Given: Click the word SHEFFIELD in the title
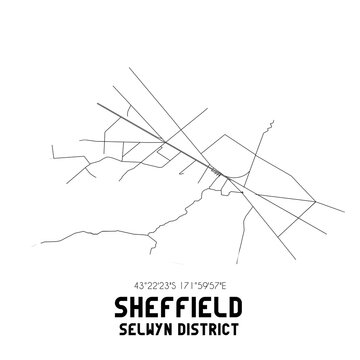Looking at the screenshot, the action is (x=180, y=308).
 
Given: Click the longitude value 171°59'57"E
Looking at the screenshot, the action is (x=209, y=286).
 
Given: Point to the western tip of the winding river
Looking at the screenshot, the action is (x=41, y=249).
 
